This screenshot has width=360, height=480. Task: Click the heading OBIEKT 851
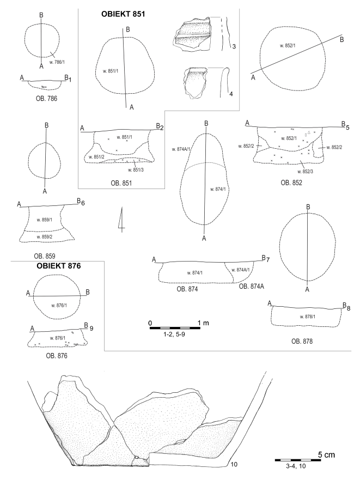pyautogui.click(x=123, y=14)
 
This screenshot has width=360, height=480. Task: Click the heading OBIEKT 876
pyautogui.click(x=59, y=266)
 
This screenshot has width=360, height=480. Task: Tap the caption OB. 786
pyautogui.click(x=46, y=99)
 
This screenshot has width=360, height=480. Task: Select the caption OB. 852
pyautogui.click(x=291, y=183)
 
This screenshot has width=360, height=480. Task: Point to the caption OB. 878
pyautogui.click(x=302, y=341)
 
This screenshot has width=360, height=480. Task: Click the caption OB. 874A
pyautogui.click(x=251, y=286)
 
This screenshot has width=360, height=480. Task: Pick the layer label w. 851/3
pyautogui.click(x=136, y=170)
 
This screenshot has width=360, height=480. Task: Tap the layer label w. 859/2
pyautogui.click(x=45, y=236)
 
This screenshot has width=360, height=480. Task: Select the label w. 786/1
pyautogui.click(x=57, y=62)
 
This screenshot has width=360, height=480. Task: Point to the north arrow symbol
pyautogui.click(x=121, y=220)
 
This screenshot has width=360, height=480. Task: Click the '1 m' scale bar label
pyautogui.click(x=203, y=323)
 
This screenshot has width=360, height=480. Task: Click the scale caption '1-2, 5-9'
pyautogui.click(x=174, y=334)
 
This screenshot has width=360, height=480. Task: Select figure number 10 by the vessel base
pyautogui.click(x=234, y=464)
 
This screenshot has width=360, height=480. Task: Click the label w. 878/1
pyautogui.click(x=307, y=317)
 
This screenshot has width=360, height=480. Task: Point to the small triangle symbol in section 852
pyautogui.click(x=309, y=132)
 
